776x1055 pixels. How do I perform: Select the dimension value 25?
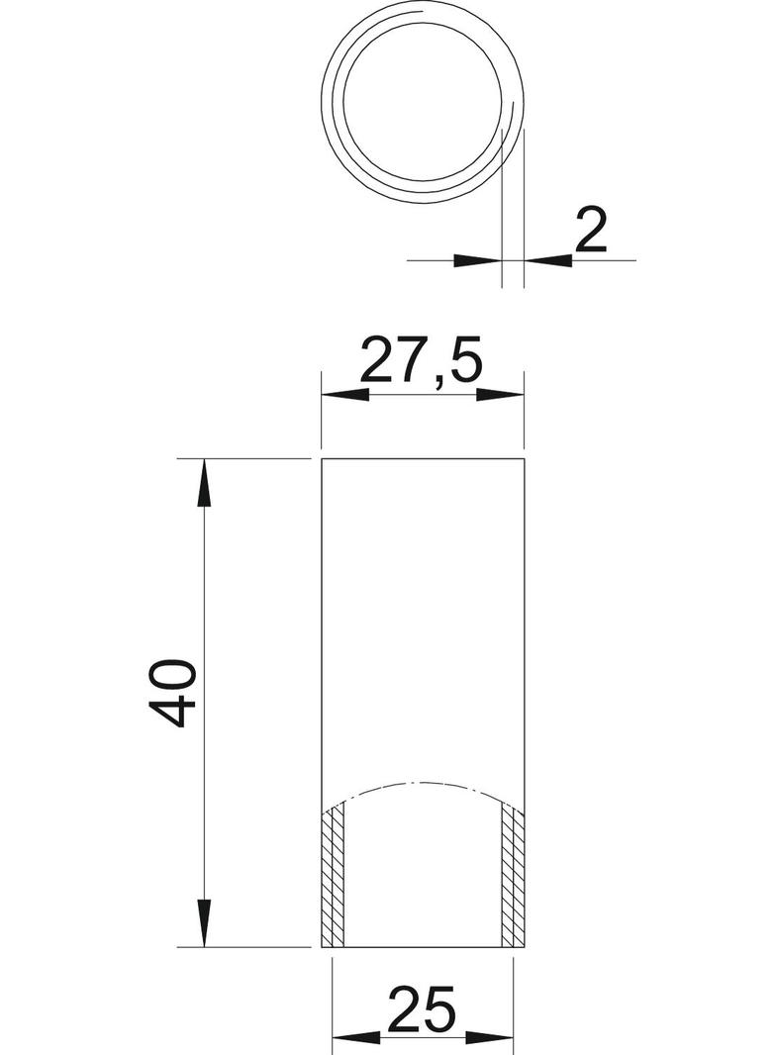coord(423,1007)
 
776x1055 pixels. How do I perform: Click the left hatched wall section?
coord(334,875)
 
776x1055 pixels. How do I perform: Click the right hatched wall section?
coord(512,875)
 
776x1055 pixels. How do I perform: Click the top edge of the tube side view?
coord(423,460)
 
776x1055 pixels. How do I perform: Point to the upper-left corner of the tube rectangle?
coord(323,460)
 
